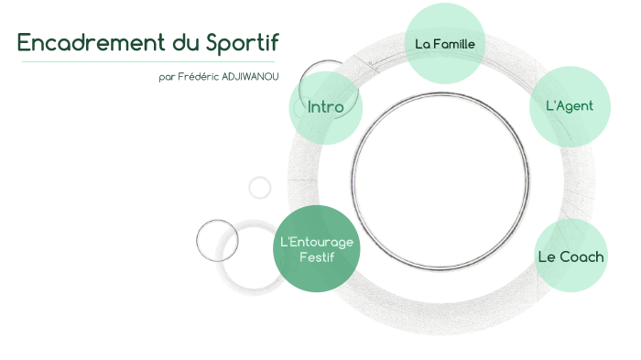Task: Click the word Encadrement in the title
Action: [x=82, y=43]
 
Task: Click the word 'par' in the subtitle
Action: [x=167, y=77]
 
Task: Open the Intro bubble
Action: [x=325, y=107]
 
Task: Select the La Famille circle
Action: [x=445, y=43]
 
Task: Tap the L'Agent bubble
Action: [x=569, y=106]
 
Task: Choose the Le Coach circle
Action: [x=570, y=256]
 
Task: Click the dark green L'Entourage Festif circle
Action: [x=315, y=248]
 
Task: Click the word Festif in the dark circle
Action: [x=317, y=256]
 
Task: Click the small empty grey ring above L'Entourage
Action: [x=260, y=188]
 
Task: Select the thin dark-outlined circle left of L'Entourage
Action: [x=217, y=241]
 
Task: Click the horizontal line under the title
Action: [x=147, y=62]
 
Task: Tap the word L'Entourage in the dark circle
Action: [x=315, y=241]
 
